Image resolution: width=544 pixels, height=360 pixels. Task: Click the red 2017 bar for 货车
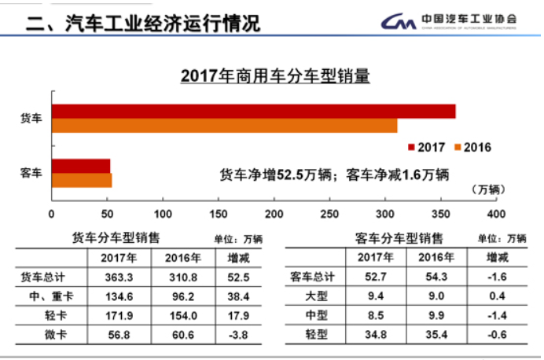(253, 111)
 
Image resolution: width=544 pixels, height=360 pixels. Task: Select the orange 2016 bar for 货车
(224, 126)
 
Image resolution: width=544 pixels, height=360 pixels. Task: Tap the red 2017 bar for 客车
(81, 166)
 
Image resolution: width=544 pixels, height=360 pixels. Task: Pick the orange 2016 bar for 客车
(82, 180)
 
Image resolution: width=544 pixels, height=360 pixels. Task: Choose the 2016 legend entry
(473, 147)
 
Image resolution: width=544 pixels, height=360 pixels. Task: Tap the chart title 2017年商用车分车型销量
(274, 77)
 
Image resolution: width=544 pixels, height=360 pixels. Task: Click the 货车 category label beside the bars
(31, 118)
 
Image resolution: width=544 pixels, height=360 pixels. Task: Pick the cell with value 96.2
(182, 296)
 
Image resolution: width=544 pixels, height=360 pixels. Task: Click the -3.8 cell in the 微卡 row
(238, 336)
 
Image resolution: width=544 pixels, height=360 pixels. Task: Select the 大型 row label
(319, 296)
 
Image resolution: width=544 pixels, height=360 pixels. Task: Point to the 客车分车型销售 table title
(399, 237)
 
